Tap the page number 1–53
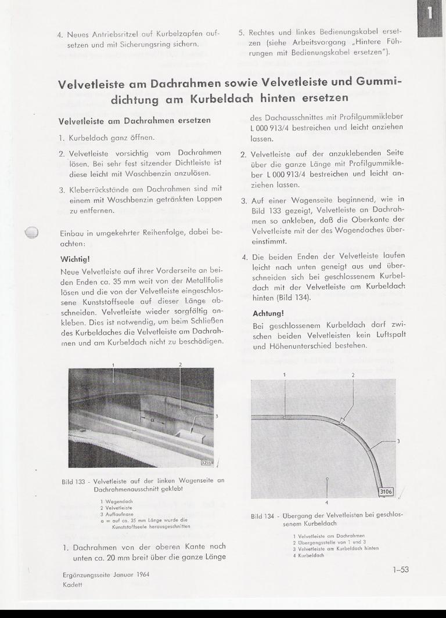[x=401, y=570]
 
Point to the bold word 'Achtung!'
[x=267, y=313]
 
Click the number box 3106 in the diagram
[x=386, y=491]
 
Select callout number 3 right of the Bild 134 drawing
[x=398, y=441]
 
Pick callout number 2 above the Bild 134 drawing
[x=353, y=375]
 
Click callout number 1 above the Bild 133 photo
[x=114, y=364]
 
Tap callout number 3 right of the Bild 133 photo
[x=217, y=415]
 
